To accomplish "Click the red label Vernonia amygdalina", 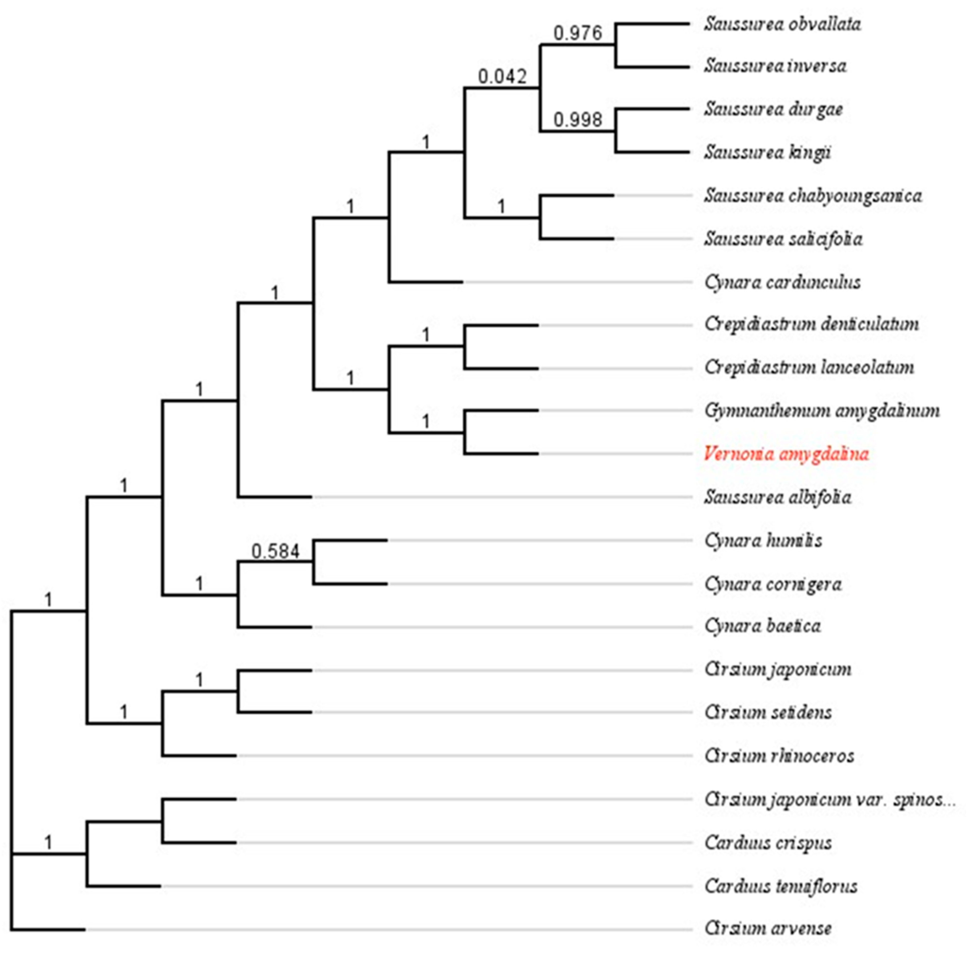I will [786, 454].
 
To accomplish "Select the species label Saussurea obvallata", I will [782, 24].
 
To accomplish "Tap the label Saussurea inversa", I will [775, 66].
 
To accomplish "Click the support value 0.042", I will [502, 77].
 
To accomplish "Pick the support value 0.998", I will [577, 120].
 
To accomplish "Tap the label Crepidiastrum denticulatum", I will [811, 324].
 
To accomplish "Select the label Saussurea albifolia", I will [777, 497].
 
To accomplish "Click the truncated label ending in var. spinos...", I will [829, 799].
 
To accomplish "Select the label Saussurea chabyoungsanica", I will [812, 196].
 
